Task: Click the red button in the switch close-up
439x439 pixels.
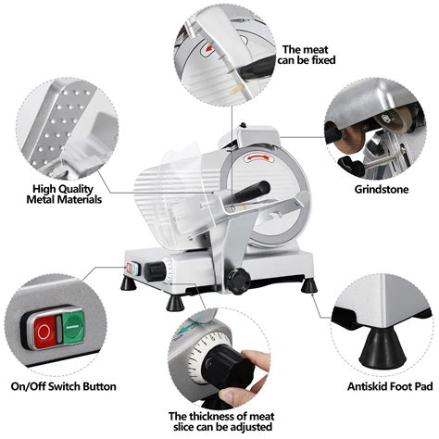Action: (44, 329)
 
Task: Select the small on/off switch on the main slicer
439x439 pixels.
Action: (132, 270)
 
